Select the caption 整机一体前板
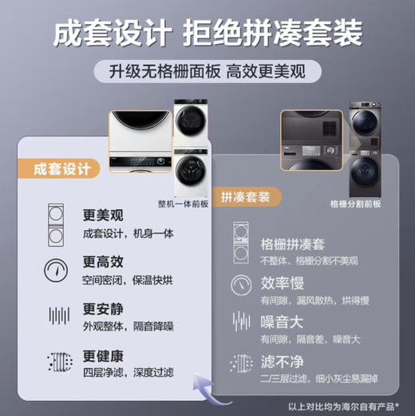pos(183,203)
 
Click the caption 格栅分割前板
pos(355,203)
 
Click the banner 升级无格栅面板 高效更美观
pos(207,70)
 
